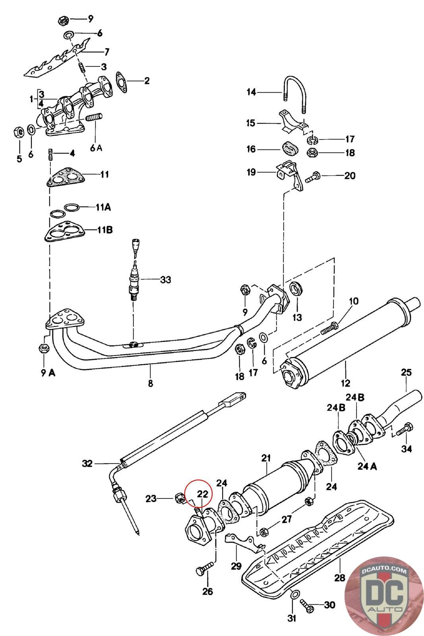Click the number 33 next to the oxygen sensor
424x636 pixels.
tap(166, 280)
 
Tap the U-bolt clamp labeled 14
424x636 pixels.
tap(295, 94)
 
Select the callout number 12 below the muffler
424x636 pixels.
tap(345, 383)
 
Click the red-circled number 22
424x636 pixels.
tap(203, 494)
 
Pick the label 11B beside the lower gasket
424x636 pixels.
tap(105, 230)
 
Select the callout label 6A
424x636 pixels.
tap(96, 148)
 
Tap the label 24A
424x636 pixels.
tap(367, 466)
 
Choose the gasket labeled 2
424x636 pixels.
tap(122, 82)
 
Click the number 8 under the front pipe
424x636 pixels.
tap(151, 383)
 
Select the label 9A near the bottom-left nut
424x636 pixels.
tap(48, 373)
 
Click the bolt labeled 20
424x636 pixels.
tap(313, 176)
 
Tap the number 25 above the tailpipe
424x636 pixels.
tap(406, 372)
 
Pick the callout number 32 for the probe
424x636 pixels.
tap(87, 463)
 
